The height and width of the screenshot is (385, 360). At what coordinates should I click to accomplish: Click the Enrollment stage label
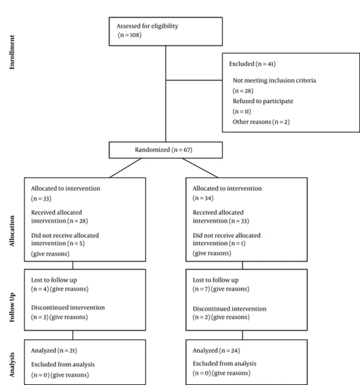coord(12,52)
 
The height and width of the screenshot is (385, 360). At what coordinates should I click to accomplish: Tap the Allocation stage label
coord(12,231)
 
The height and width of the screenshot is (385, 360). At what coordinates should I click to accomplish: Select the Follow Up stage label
coord(12,307)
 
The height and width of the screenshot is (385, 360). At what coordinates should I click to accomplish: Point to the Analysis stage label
coord(12,364)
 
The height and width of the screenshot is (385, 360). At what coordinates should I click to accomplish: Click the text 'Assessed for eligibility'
coord(147,26)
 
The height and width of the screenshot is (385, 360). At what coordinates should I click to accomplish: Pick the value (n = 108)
coord(130,35)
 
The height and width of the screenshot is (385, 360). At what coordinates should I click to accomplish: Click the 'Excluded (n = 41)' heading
coord(252,64)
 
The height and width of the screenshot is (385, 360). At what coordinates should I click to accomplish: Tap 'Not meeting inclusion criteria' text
coord(274,81)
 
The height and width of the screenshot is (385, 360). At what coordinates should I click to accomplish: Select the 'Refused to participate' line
coord(263,101)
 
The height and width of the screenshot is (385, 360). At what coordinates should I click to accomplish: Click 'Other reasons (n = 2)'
coord(261,122)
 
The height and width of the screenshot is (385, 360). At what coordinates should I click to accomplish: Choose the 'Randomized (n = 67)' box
coord(166,150)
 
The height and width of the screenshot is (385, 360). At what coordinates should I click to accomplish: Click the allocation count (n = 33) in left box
coord(41,199)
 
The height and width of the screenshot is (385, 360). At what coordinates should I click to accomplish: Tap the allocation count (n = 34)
coord(203,198)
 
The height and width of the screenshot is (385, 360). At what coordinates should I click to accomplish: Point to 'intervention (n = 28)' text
coord(59,221)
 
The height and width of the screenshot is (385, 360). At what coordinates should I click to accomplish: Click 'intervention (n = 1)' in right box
coord(219,243)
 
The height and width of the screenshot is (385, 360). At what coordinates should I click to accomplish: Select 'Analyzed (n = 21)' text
coord(54,350)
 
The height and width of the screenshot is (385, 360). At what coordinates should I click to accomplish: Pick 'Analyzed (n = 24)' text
coord(216,350)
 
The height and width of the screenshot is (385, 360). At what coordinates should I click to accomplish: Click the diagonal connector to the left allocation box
coord(126,168)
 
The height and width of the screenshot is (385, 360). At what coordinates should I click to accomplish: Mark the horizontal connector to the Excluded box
coord(194,80)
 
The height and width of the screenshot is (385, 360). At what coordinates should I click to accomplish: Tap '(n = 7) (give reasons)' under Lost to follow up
coord(221,289)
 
